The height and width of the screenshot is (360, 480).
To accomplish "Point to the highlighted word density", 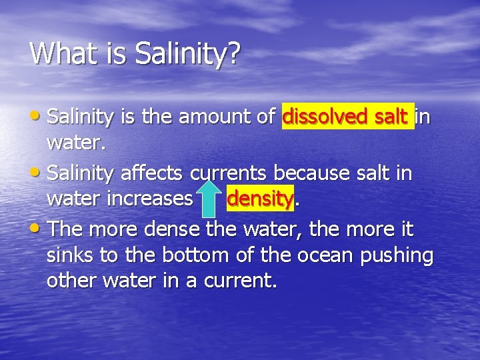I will [259, 199].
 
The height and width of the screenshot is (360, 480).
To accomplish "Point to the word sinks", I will [70, 255].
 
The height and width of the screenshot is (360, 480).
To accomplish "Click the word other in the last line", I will [71, 280].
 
